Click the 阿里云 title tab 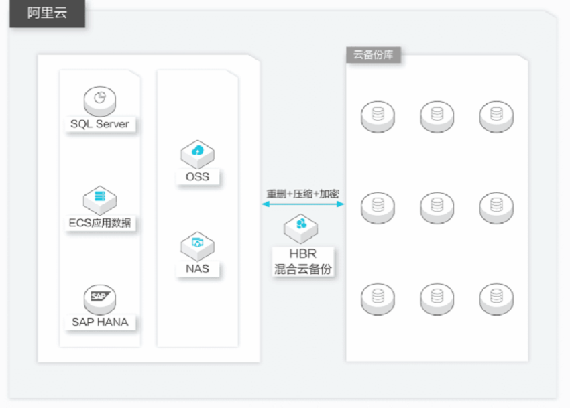[x=47, y=13]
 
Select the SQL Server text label [x=100, y=124]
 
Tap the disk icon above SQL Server [x=100, y=100]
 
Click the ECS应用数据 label [x=100, y=222]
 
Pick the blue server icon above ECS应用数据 [x=100, y=200]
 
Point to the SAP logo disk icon [x=100, y=299]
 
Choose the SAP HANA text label [x=100, y=322]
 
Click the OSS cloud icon [x=197, y=154]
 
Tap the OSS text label [x=197, y=177]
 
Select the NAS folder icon [x=197, y=246]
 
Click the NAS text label [x=197, y=269]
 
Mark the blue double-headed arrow [x=303, y=204]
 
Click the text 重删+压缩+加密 [x=303, y=194]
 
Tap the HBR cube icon [x=301, y=228]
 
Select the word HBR [x=303, y=253]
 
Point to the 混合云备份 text [x=303, y=269]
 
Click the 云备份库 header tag [x=374, y=55]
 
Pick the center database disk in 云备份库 [x=437, y=208]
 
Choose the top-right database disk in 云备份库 [x=496, y=117]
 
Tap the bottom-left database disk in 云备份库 [x=378, y=299]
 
